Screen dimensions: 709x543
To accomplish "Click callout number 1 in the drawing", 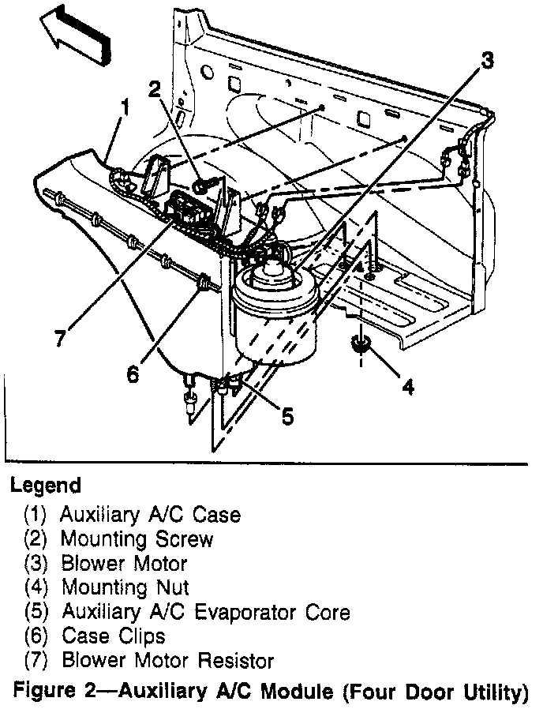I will (124, 106).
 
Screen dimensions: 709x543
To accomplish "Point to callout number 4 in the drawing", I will (407, 386).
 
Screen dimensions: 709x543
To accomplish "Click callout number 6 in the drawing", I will (132, 372).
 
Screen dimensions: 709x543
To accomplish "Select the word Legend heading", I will (47, 484).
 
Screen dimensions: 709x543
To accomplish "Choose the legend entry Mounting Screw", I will (137, 539).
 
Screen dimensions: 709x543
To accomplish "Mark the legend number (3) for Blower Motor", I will (36, 564).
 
